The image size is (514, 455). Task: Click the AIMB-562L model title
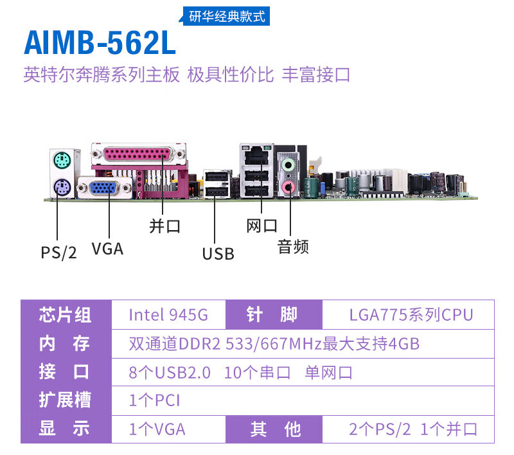pyautogui.click(x=100, y=42)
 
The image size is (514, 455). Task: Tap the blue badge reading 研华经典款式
pyautogui.click(x=227, y=17)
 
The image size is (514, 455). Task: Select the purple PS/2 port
pyautogui.click(x=60, y=187)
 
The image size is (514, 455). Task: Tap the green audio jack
pyautogui.click(x=289, y=165)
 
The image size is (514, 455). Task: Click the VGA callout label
pyautogui.click(x=107, y=248)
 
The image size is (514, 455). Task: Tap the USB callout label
pyautogui.click(x=218, y=254)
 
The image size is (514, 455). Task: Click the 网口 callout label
pyautogui.click(x=262, y=226)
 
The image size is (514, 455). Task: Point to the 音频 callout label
pyautogui.click(x=293, y=246)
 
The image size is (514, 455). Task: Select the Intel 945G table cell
pyautogui.click(x=168, y=315)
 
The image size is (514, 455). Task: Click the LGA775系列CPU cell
pyautogui.click(x=411, y=315)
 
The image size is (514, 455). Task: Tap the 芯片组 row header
pyautogui.click(x=65, y=315)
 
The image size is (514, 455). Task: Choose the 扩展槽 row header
pyautogui.click(x=65, y=400)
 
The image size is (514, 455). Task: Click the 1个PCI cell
pyautogui.click(x=154, y=400)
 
